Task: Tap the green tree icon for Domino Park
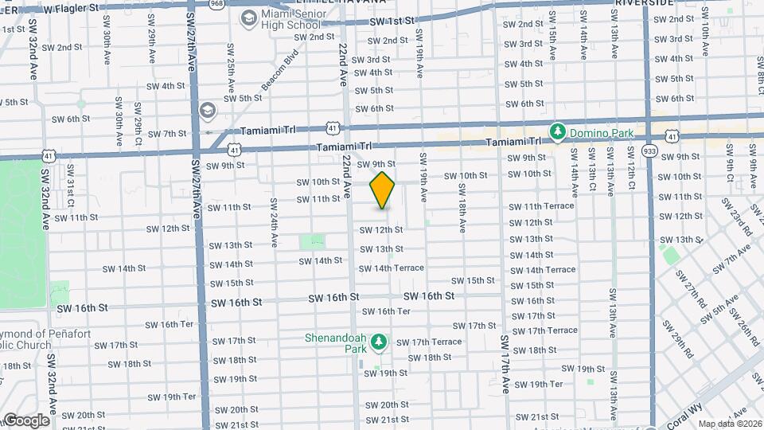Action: coord(559,131)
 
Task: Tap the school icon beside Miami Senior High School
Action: coord(248,18)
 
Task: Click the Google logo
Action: coord(25,420)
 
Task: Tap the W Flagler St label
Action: coord(72,9)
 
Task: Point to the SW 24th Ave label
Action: coord(274,222)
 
